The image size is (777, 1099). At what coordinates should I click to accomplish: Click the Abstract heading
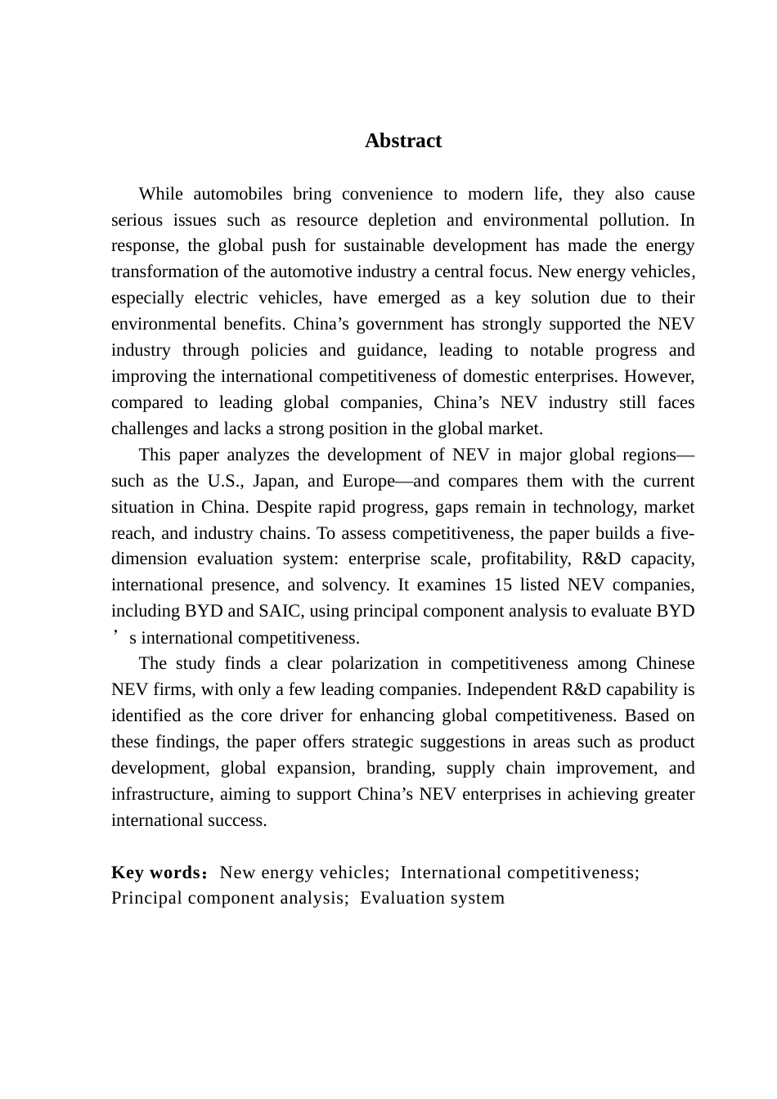[x=403, y=141]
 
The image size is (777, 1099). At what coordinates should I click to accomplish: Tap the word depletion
[x=402, y=220]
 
